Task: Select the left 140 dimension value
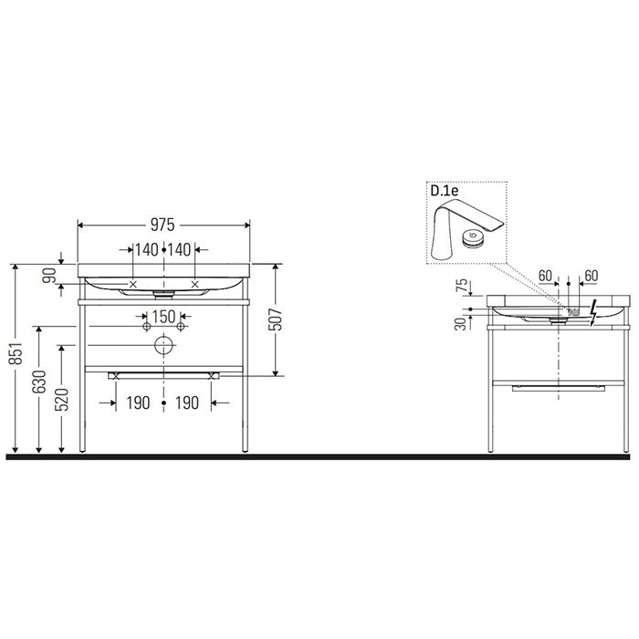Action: [146, 249]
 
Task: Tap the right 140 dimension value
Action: [180, 249]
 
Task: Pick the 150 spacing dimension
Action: [162, 316]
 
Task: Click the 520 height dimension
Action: [61, 399]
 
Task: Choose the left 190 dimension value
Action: [138, 403]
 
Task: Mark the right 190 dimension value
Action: [188, 403]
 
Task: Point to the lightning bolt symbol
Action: [594, 311]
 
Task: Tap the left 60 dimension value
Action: [545, 274]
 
